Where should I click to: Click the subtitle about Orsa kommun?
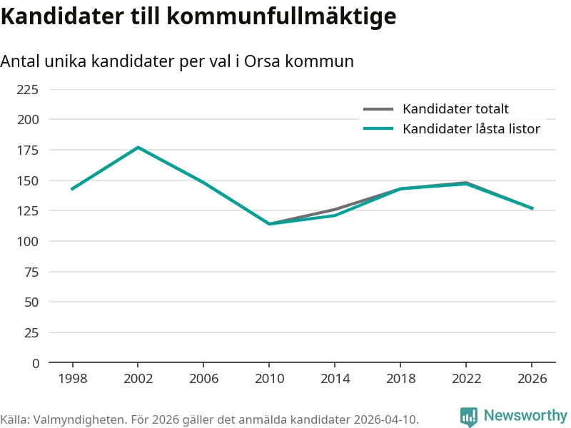click(177, 61)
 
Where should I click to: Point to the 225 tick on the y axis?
click(28, 89)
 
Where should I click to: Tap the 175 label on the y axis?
click(28, 150)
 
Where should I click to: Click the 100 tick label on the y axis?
click(28, 241)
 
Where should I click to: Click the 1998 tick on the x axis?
click(72, 379)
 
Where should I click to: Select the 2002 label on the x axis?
click(138, 379)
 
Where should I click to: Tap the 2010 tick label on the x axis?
click(269, 379)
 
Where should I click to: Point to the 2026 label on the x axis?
click(532, 379)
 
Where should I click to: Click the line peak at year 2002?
click(138, 148)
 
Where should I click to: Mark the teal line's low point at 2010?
click(269, 224)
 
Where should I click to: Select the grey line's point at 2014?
click(335, 210)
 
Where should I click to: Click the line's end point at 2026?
click(532, 208)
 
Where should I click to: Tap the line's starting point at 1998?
click(72, 189)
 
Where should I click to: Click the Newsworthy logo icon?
click(469, 417)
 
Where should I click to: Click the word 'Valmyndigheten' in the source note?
click(71, 419)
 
